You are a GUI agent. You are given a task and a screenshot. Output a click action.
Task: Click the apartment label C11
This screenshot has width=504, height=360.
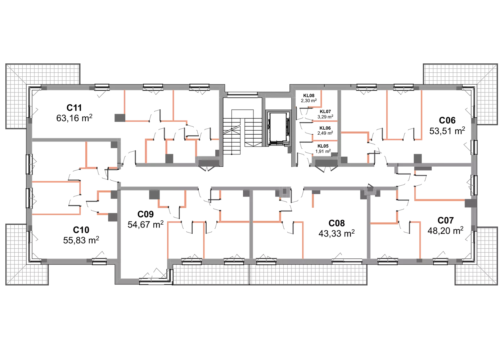point(74,108)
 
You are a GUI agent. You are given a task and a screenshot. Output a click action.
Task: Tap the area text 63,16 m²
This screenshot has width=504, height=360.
point(74,118)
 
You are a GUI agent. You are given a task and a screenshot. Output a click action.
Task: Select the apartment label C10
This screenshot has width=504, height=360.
point(81,230)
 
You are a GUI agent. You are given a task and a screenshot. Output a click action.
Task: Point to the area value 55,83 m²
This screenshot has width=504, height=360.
point(81,240)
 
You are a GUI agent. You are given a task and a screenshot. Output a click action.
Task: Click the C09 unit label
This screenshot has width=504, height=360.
point(145,214)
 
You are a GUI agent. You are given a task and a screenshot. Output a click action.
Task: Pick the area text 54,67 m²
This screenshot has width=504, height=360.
point(145,224)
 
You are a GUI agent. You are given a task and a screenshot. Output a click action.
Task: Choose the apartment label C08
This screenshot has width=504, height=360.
point(337,223)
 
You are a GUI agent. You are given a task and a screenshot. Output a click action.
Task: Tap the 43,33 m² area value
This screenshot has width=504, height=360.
point(337,233)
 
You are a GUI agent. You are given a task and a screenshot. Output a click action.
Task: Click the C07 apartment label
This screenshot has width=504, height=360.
point(446,220)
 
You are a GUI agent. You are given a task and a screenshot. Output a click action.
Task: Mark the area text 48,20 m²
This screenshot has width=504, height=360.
point(446,230)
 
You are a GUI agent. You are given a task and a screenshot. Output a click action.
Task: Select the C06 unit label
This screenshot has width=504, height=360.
point(447,121)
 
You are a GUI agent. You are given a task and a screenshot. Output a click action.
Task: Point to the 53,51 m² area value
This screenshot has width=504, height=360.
point(447,130)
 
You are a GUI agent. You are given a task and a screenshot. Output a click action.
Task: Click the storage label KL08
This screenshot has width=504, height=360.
point(309,96)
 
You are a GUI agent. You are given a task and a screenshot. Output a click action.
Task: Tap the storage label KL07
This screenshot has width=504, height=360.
point(325,112)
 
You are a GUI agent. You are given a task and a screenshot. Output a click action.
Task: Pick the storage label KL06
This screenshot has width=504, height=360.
point(325,128)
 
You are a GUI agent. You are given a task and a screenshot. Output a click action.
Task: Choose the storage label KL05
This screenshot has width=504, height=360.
point(323,146)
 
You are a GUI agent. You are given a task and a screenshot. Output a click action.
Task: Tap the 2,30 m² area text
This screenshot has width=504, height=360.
point(309,100)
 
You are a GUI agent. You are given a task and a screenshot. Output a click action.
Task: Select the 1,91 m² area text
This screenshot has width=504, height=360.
point(323,151)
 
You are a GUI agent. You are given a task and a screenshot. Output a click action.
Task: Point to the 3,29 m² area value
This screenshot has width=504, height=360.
point(325,117)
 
